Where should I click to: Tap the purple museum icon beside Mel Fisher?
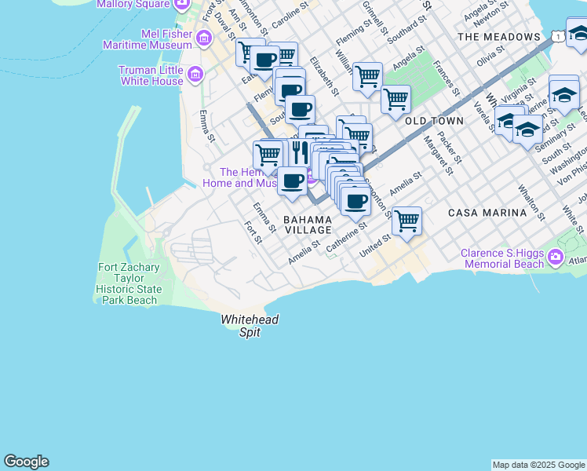tap(204, 38)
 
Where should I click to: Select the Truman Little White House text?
tap(151, 75)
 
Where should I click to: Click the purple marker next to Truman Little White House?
tap(195, 75)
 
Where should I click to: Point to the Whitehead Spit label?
tap(250, 326)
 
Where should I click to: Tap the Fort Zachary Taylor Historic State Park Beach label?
tap(129, 283)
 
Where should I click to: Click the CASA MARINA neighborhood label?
tap(487, 213)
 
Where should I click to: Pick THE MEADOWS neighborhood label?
tap(499, 37)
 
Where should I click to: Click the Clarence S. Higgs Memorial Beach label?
tap(502, 258)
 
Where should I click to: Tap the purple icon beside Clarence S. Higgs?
tap(556, 257)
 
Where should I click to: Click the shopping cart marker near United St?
tap(407, 221)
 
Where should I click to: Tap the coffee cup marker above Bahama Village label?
tap(293, 181)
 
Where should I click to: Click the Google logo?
tap(26, 462)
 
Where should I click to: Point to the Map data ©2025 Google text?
tap(538, 465)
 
